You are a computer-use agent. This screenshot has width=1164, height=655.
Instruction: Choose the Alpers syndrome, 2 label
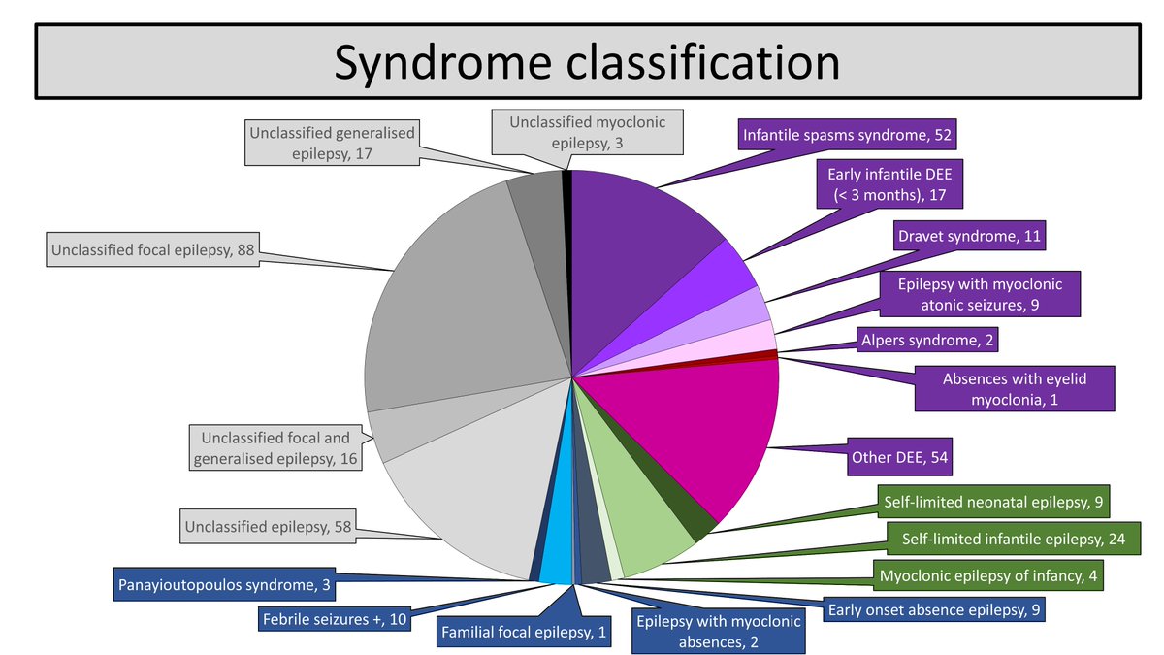click(927, 340)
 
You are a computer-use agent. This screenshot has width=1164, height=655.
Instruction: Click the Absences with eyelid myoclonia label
click(1015, 388)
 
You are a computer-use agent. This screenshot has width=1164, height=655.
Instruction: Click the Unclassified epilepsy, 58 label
click(266, 528)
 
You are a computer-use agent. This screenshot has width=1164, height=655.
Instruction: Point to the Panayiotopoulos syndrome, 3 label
click(226, 585)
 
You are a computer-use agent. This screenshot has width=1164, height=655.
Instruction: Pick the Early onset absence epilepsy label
click(935, 611)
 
